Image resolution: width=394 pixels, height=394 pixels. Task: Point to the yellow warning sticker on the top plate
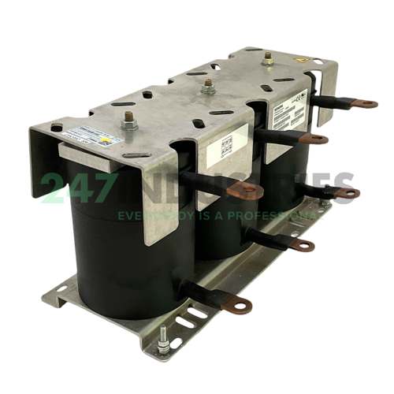coord(303,61)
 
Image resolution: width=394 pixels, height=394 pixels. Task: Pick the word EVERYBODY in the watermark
coord(150,214)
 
